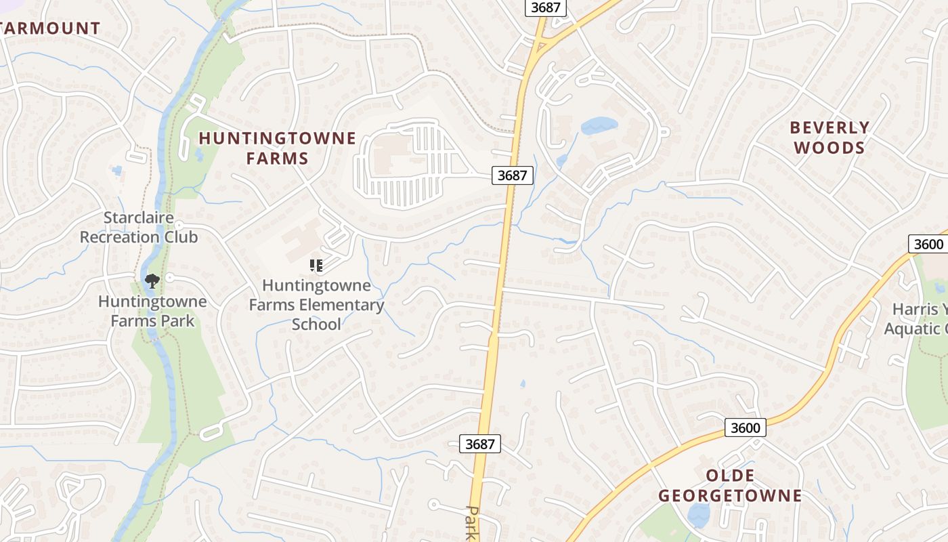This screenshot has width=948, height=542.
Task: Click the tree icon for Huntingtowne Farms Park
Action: pos(152,280)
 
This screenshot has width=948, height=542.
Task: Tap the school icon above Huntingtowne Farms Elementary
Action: pos(316,265)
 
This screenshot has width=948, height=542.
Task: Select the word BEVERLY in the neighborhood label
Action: pos(829,127)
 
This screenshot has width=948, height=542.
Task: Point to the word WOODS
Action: pos(829,148)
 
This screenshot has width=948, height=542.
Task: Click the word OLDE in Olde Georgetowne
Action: pos(730,475)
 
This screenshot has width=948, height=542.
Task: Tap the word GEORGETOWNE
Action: pos(730,495)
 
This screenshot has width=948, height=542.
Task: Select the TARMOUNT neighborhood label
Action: pos(50,28)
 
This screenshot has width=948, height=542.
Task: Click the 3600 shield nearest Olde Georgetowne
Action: pos(746,428)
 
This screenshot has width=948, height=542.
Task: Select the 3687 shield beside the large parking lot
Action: pos(512,175)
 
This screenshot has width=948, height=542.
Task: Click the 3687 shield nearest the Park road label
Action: pos(480,444)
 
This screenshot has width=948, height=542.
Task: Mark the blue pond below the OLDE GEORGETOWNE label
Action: pos(697,514)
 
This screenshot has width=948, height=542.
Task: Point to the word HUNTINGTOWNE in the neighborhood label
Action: pos(277,138)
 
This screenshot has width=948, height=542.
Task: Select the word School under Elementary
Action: pos(316,325)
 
